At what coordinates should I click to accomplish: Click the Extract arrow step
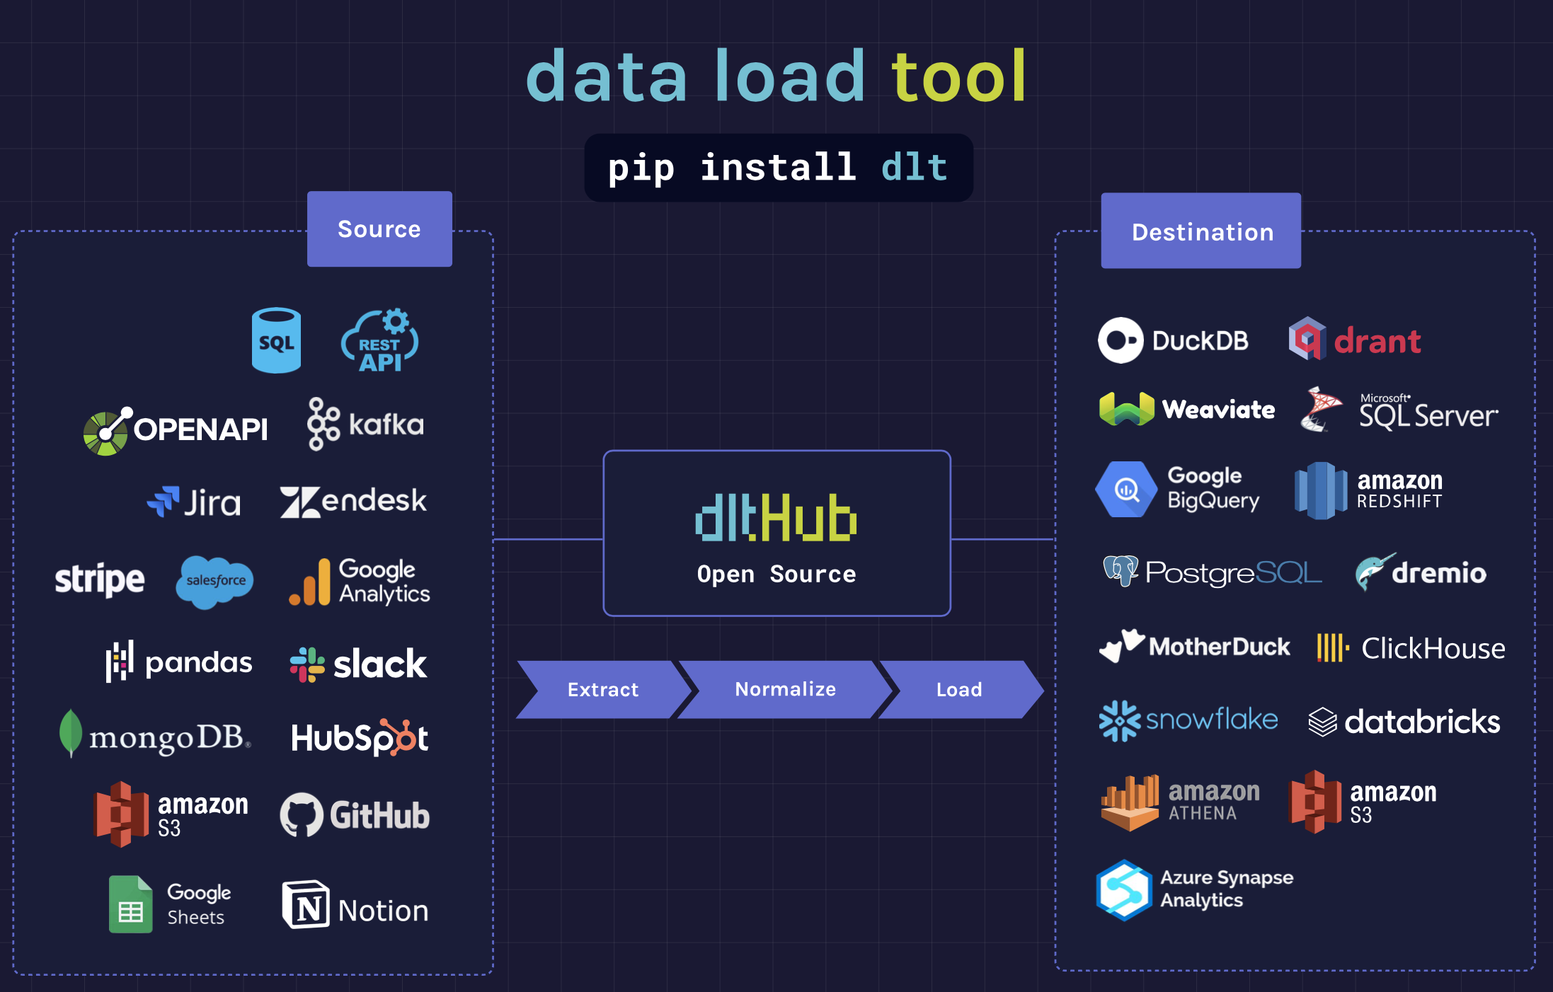coord(603,690)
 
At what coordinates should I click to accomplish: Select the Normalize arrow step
coord(785,690)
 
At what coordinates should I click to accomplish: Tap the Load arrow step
coord(959,690)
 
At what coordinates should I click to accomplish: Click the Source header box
coord(379,229)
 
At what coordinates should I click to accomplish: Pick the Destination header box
coord(1201,231)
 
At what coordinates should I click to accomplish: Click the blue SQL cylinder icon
coord(276,340)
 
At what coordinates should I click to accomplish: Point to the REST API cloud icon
coord(380,340)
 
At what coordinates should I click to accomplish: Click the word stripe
coord(100,579)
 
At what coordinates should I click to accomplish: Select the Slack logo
coord(358,664)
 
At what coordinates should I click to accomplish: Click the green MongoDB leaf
coord(70,733)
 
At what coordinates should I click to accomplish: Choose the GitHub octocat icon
coord(302,814)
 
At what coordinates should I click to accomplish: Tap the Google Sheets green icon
coord(131,904)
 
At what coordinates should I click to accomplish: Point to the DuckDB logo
coord(1173,340)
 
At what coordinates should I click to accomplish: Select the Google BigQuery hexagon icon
coord(1126,489)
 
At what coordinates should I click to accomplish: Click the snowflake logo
coord(1188,720)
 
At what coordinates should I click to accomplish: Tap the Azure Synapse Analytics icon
coord(1124,889)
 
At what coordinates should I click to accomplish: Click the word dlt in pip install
coord(914,168)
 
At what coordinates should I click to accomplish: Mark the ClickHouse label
coord(1433,648)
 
